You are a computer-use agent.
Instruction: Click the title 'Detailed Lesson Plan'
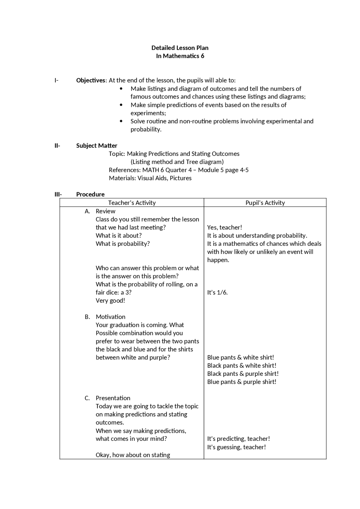point(180,48)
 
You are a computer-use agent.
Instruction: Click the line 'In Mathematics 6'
point(180,56)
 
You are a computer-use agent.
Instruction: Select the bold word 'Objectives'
point(91,80)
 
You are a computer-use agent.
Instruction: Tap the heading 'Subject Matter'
point(96,146)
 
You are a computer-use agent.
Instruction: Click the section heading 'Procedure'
point(90,194)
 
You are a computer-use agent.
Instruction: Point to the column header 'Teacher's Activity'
point(132,203)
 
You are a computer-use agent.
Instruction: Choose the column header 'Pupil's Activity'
point(265,203)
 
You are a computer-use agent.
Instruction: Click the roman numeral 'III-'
point(58,194)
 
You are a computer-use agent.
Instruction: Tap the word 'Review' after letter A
point(105,211)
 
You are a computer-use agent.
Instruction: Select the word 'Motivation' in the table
point(111,317)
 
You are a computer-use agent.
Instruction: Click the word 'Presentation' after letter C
point(113,398)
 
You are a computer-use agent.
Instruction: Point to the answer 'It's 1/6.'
point(217,292)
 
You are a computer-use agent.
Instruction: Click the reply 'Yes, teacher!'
point(224,227)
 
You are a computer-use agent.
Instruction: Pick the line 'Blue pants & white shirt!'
point(240,358)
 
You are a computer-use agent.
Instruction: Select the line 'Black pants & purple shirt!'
point(243,374)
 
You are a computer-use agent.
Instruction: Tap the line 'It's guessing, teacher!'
point(236,447)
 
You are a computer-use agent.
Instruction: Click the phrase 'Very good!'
point(110,300)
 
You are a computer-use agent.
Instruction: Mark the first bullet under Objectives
point(121,89)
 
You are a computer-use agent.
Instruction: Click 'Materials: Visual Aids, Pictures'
point(150,178)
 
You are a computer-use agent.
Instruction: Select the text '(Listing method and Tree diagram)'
point(177,162)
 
